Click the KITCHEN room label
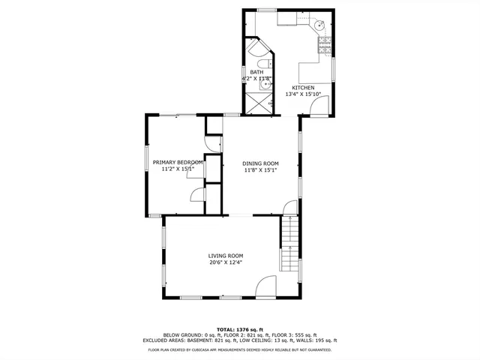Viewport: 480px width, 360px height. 303,88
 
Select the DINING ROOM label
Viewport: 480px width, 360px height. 260,163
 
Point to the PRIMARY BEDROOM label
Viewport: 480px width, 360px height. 178,163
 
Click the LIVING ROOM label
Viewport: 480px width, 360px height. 226,256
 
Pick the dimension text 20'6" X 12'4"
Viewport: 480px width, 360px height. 226,262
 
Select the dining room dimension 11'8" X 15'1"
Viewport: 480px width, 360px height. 260,170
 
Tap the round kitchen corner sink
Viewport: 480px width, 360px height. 321,25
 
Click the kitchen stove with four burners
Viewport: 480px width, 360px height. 325,48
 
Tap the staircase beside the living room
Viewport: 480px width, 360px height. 289,243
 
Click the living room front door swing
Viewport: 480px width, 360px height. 266,287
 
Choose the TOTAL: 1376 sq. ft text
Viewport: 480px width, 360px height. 240,329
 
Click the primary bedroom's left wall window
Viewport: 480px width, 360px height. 146,163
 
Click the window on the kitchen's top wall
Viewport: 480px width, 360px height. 266,10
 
